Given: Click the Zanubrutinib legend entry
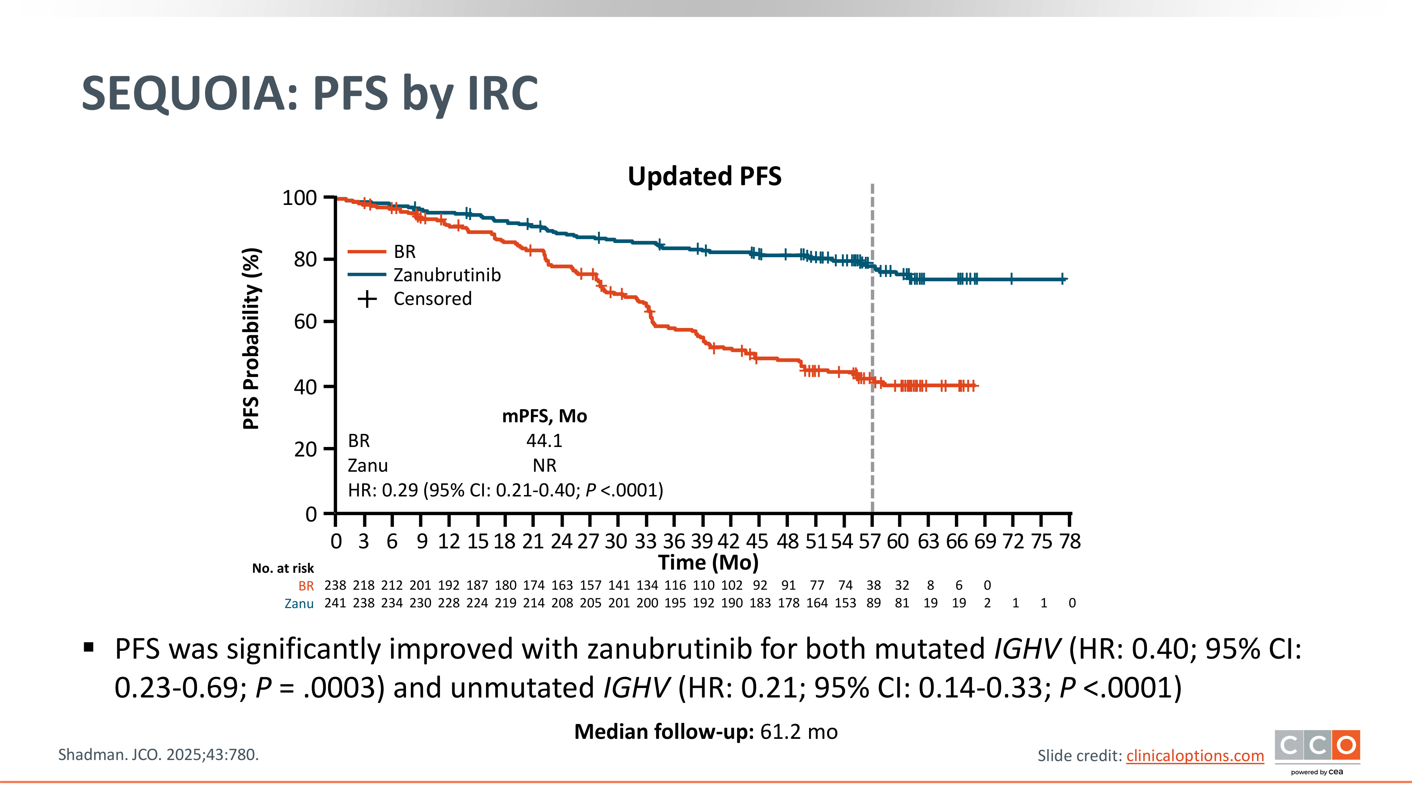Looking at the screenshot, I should (447, 275).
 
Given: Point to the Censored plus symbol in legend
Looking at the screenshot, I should (367, 299).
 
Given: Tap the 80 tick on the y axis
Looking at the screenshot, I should (305, 259).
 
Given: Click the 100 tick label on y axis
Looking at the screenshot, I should (299, 198).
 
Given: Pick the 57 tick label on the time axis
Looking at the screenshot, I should (870, 542).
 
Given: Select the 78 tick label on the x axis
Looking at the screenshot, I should (1070, 542).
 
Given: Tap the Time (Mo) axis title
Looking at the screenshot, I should (708, 563).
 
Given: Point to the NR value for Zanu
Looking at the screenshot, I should (544, 466).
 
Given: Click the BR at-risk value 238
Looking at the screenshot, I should (335, 585).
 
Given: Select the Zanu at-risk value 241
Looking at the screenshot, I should (335, 603).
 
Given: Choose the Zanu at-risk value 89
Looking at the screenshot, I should (873, 603).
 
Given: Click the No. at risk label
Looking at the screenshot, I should (283, 569).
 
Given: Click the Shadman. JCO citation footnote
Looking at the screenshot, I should (158, 755).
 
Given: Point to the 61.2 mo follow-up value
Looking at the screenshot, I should (798, 732).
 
